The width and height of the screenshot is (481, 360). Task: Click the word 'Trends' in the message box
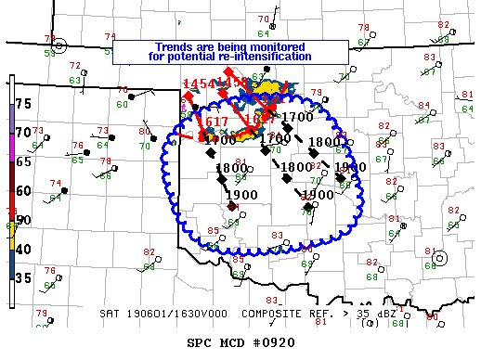click(175, 46)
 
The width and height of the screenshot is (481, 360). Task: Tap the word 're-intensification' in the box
click(269, 57)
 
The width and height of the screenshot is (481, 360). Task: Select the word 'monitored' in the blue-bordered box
click(290, 46)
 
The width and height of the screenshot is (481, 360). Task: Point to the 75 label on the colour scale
click(24, 104)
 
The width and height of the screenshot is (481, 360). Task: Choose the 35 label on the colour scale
click(24, 277)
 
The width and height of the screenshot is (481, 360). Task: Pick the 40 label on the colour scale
click(24, 249)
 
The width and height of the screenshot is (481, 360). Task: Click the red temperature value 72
click(75, 65)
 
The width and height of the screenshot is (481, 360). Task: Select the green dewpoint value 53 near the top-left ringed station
click(49, 54)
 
